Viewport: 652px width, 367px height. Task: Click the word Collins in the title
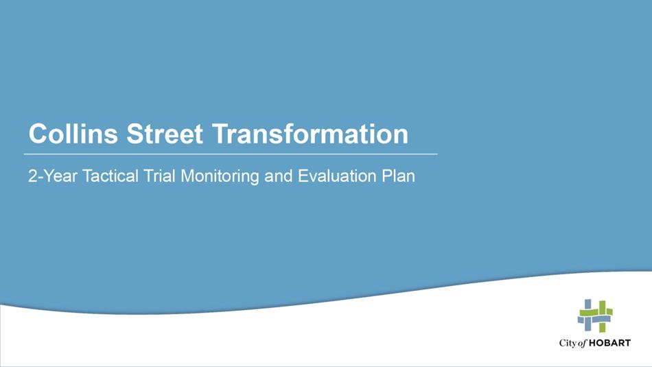pyautogui.click(x=73, y=133)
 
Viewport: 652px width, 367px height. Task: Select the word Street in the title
pyautogui.click(x=165, y=133)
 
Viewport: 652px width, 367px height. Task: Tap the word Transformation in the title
pyautogui.click(x=310, y=133)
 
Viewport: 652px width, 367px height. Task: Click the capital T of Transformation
pyautogui.click(x=220, y=133)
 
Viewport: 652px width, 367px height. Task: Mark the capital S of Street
pyautogui.click(x=135, y=133)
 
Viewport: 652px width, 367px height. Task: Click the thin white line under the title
pyautogui.click(x=231, y=154)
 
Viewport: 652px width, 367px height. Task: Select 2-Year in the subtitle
pyautogui.click(x=53, y=176)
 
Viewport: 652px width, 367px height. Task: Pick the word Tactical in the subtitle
pyautogui.click(x=110, y=176)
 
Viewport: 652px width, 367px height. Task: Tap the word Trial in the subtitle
pyautogui.click(x=160, y=176)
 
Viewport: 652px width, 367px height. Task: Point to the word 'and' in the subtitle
pyautogui.click(x=278, y=176)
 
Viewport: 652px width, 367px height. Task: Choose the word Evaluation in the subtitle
pyautogui.click(x=337, y=176)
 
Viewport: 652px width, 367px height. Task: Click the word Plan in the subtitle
pyautogui.click(x=398, y=176)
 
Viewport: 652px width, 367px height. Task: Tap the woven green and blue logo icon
pyautogui.click(x=595, y=316)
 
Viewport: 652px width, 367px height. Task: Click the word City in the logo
pyautogui.click(x=567, y=343)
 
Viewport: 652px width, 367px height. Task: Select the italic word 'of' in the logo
pyautogui.click(x=582, y=343)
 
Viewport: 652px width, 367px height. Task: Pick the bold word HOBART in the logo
pyautogui.click(x=609, y=343)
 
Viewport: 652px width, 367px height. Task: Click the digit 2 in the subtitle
pyautogui.click(x=32, y=176)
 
